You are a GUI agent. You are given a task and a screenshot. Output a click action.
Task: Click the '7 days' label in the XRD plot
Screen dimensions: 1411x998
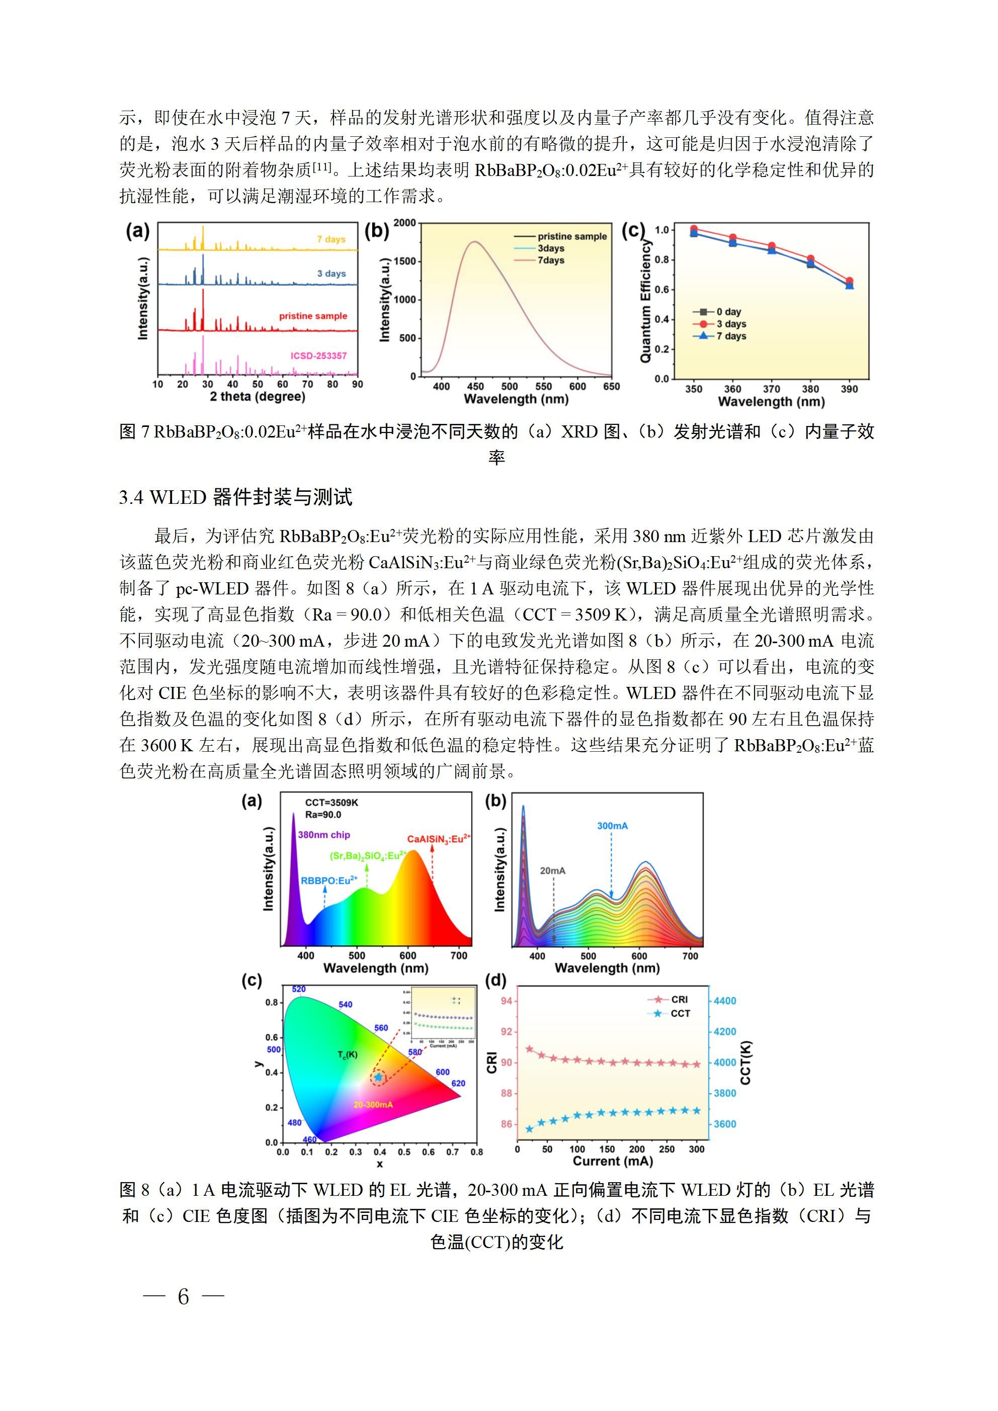331,239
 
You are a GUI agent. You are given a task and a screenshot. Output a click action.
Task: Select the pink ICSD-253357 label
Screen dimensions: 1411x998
318,356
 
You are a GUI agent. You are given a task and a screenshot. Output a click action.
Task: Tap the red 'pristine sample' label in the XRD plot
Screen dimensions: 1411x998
313,316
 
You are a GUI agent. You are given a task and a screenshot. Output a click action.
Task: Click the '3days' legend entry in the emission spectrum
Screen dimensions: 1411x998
550,248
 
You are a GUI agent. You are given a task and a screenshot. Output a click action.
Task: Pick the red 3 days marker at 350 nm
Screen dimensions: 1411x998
694,229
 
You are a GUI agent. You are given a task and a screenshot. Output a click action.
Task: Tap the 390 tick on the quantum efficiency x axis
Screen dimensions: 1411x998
849,389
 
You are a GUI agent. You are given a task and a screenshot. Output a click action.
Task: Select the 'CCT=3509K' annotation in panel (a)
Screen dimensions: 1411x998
332,803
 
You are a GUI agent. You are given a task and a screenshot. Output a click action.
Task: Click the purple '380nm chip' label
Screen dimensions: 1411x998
324,835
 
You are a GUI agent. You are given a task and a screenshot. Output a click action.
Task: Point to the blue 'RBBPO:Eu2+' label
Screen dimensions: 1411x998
329,880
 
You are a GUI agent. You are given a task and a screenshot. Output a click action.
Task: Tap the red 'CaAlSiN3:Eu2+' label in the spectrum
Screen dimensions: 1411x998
439,839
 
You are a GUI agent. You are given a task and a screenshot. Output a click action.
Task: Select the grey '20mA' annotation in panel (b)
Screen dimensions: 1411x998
553,871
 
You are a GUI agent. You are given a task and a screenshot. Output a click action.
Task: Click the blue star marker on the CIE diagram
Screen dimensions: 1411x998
378,1077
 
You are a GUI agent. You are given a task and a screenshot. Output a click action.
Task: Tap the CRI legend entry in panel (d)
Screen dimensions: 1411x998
679,1000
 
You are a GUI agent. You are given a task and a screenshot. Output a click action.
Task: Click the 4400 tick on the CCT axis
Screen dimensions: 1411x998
724,1001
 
